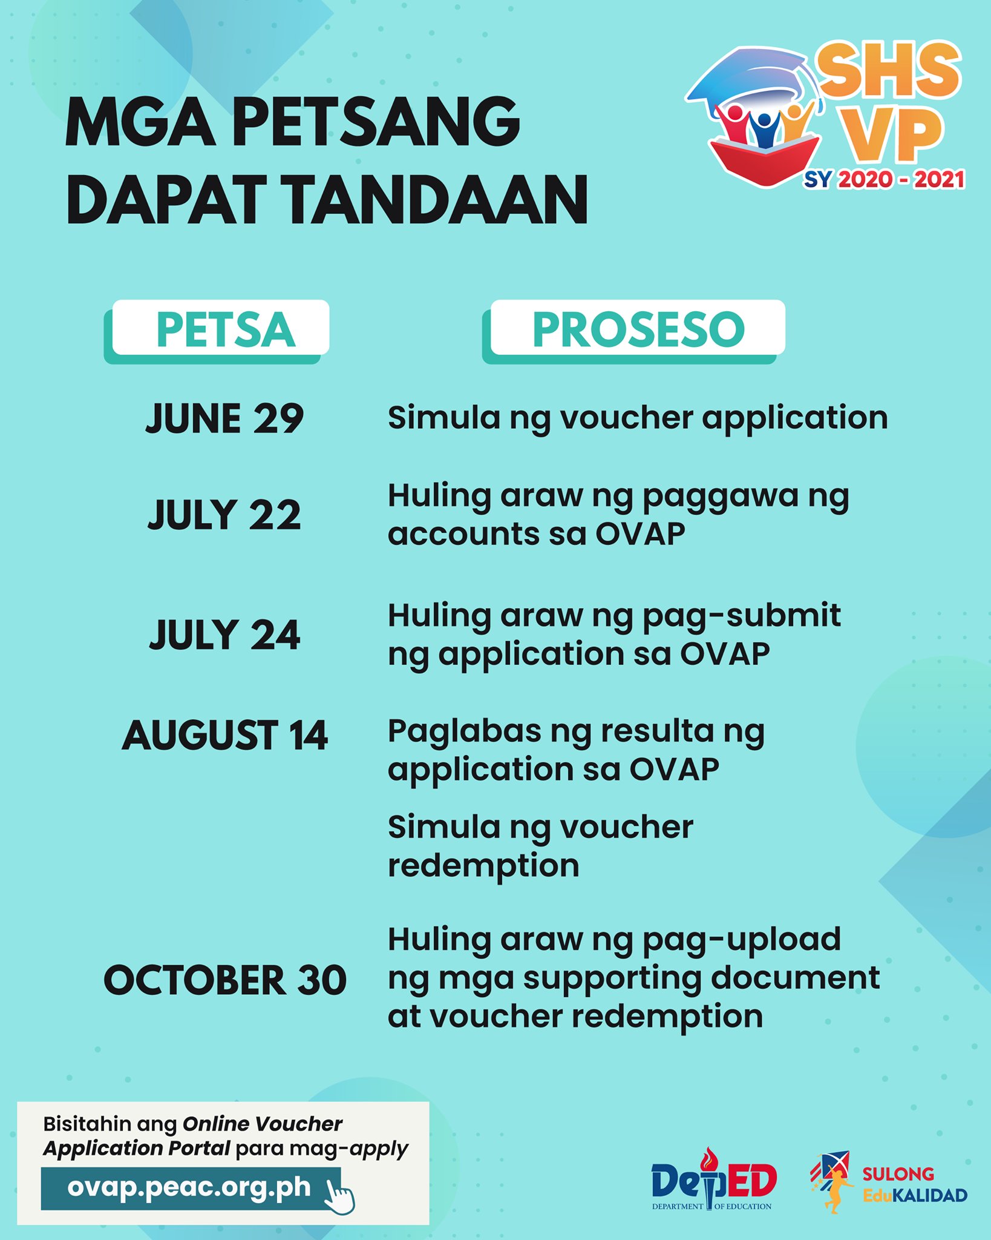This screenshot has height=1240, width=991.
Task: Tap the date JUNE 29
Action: (224, 418)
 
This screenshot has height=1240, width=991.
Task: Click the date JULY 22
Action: (224, 515)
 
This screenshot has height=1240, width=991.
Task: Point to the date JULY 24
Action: (224, 635)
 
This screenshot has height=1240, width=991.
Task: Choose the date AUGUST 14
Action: (224, 736)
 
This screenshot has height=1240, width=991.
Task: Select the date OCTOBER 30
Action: (225, 981)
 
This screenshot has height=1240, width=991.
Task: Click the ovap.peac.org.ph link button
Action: (189, 1187)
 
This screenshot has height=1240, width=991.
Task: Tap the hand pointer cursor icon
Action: (340, 1195)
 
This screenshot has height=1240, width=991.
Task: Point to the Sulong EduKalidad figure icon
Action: (832, 1182)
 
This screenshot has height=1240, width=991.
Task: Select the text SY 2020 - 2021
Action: (884, 179)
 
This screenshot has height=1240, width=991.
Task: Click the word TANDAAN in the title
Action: (436, 200)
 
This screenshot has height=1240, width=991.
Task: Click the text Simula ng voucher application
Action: (638, 418)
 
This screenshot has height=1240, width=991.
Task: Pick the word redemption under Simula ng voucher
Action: (483, 866)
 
